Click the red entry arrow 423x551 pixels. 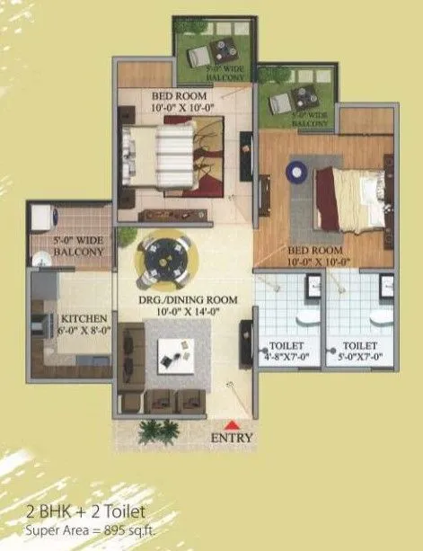[x=233, y=423]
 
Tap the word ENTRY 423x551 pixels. [x=232, y=439]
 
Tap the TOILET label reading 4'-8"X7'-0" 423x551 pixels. [x=286, y=351]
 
